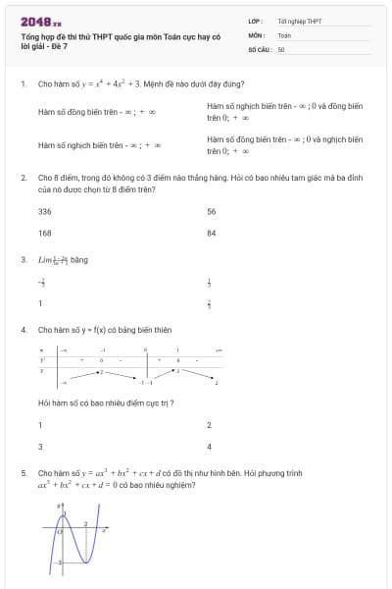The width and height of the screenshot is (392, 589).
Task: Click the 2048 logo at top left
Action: point(40,20)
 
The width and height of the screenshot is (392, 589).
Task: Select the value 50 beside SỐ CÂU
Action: point(281,48)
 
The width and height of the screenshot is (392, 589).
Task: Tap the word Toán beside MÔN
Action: point(284,34)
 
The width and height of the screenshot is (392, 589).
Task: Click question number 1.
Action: point(23,84)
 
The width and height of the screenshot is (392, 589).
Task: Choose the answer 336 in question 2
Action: point(45,211)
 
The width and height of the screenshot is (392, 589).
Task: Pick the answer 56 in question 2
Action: point(212,211)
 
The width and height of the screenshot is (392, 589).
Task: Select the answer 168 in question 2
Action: point(45,233)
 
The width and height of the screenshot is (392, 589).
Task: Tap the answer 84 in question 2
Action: point(212,233)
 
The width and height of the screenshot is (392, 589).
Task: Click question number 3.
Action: point(23,260)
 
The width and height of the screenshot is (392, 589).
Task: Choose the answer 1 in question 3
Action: point(40,303)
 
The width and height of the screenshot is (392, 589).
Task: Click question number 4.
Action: point(23,330)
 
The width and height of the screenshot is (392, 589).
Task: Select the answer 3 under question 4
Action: point(40,446)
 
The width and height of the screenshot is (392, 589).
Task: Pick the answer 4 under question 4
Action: point(210,446)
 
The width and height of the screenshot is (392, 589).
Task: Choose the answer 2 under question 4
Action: point(210,424)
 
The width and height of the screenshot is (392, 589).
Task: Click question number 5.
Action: point(23,472)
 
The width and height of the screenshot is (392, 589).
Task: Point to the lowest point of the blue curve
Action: point(84,562)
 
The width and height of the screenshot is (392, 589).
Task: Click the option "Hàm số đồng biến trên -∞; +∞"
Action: point(96,112)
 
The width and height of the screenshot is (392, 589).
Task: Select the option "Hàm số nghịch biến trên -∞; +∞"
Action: point(99,145)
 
